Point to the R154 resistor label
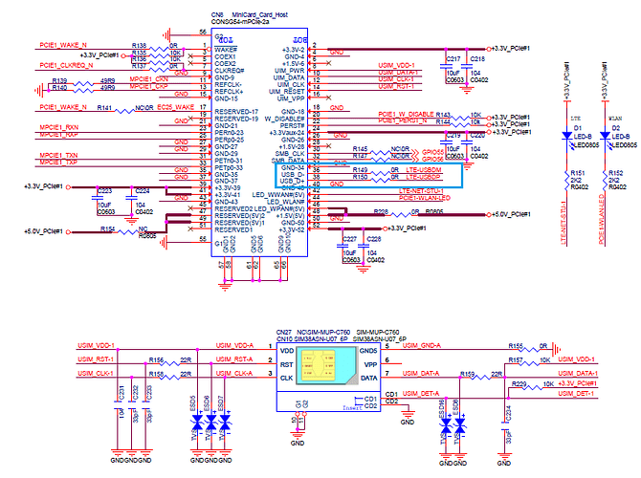point(107,229)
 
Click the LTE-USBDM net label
point(422,169)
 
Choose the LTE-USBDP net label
point(422,178)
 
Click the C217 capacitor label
point(453,59)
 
